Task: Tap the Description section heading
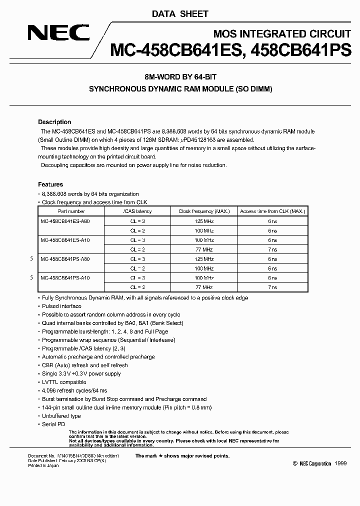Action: pos(54,122)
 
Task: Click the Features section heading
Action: pos(50,184)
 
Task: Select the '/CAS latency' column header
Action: pos(137,211)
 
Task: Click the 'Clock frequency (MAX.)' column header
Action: pos(204,211)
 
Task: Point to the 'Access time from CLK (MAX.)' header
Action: pos(272,211)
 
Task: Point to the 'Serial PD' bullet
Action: pos(53,424)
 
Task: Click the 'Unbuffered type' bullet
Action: pos(61,416)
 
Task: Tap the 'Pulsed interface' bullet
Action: pos(61,306)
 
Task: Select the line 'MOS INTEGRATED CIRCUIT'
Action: pos(281,34)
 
